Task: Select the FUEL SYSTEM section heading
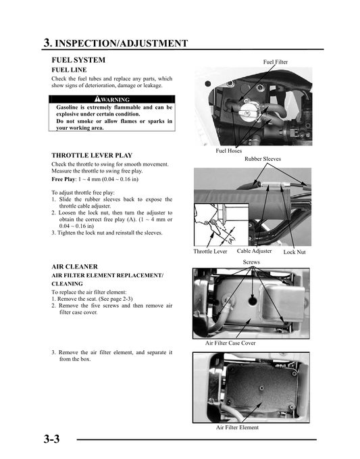pos(78,60)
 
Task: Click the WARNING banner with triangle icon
pos(112,100)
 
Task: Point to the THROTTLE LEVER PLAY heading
pos(92,155)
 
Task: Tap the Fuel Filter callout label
pos(275,62)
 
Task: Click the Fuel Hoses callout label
pos(228,151)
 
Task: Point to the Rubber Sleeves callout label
pos(263,159)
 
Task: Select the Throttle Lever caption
pos(210,251)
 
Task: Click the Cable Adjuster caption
pos(254,251)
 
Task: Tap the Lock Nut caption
pos(294,252)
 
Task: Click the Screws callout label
pos(251,262)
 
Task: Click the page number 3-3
pos(52,440)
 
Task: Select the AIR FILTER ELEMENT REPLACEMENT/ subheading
pos(107,276)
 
